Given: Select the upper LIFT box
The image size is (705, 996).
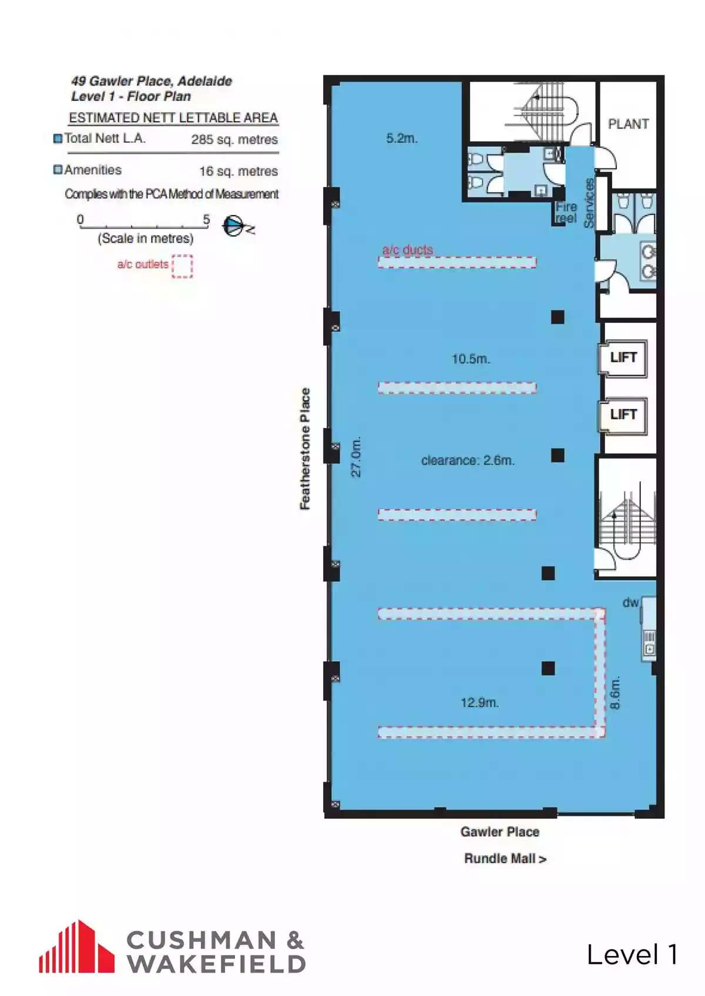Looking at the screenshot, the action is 623,358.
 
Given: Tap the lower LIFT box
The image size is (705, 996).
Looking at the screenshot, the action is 623,415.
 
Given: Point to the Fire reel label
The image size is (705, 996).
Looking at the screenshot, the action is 566,213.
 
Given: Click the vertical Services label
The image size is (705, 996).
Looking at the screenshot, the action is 589,203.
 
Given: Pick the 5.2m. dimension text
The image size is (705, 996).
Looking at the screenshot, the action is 402,138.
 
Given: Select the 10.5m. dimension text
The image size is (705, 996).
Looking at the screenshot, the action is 471,359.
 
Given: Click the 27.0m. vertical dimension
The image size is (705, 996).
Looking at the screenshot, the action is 357,457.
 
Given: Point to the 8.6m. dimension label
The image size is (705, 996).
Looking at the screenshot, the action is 615,693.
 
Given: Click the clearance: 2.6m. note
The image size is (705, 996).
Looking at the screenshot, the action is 468,460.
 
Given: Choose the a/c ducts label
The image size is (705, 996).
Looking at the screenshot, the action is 408,250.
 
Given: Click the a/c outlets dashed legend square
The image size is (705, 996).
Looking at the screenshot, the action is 182,267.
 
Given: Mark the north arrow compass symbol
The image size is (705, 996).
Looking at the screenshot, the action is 236,226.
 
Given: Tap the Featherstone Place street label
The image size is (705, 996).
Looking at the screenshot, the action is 305,449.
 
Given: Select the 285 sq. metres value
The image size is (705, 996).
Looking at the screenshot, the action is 234,140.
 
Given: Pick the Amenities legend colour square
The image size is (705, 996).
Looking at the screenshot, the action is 58,170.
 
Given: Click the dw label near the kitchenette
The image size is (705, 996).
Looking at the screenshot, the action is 631,603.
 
